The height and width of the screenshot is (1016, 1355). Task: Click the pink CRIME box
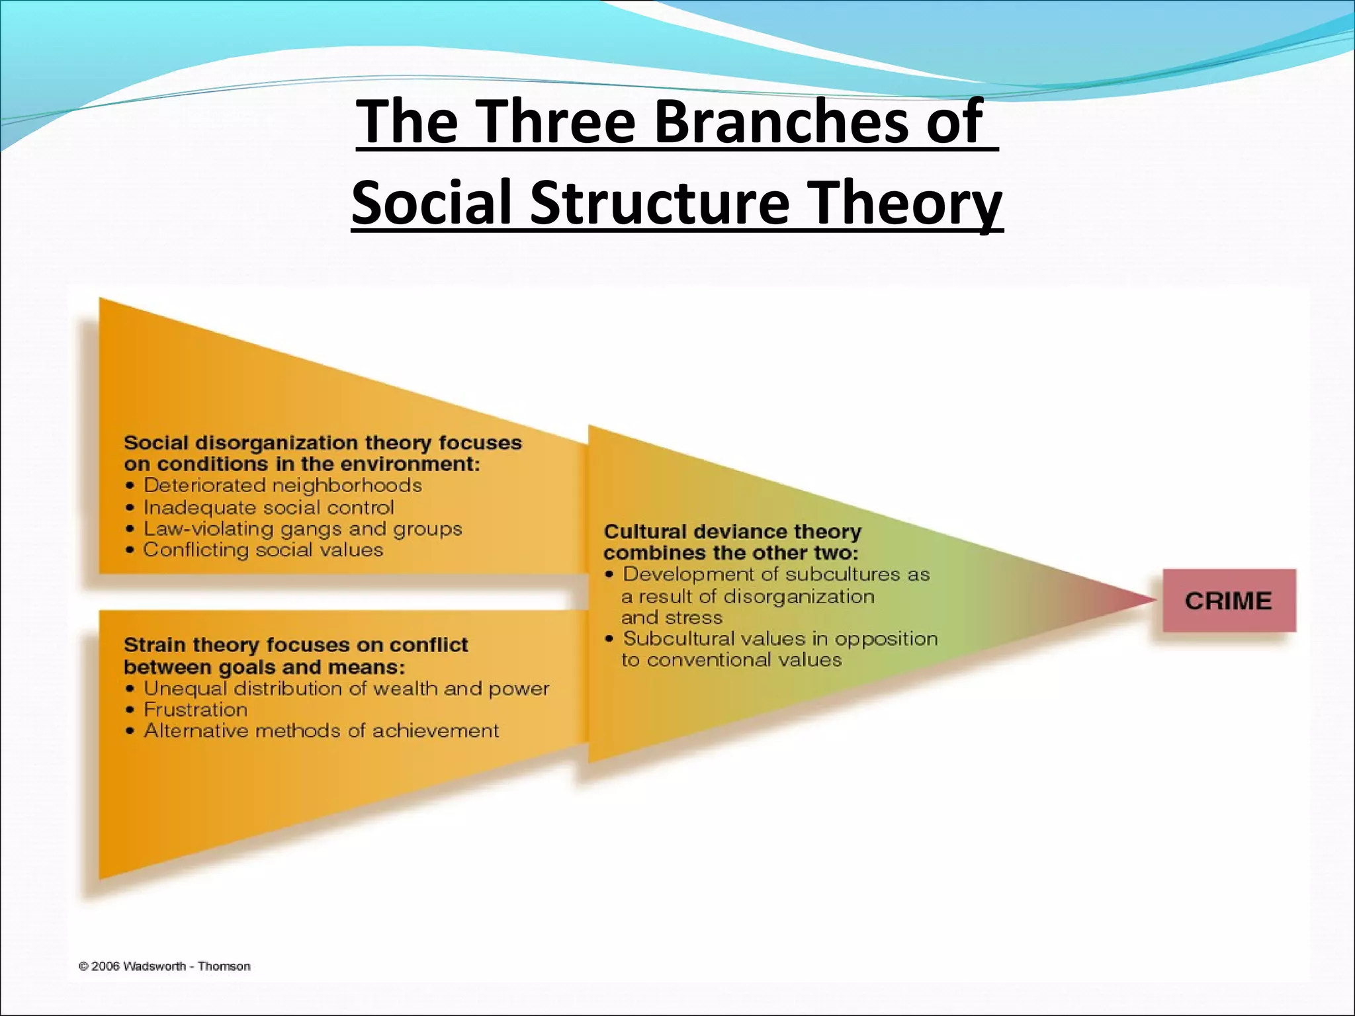(x=1229, y=601)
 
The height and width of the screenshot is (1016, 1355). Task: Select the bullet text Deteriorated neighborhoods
(x=283, y=486)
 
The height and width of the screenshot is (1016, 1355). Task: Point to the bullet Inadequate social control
(x=269, y=507)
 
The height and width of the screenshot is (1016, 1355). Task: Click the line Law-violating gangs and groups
(x=302, y=529)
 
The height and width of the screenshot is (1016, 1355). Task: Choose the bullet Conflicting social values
(x=263, y=550)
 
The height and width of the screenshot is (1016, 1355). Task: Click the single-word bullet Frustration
(x=196, y=710)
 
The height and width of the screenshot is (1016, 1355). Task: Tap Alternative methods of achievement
(x=322, y=731)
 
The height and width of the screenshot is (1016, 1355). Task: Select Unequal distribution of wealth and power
(x=347, y=689)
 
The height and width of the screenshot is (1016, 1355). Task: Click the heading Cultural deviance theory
(x=732, y=532)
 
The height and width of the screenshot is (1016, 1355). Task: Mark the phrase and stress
(x=672, y=618)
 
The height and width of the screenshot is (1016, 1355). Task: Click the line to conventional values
(x=731, y=660)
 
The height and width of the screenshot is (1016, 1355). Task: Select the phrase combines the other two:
(x=730, y=553)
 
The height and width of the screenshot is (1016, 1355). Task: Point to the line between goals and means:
(x=265, y=667)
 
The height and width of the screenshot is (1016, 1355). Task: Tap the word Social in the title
(x=433, y=202)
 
